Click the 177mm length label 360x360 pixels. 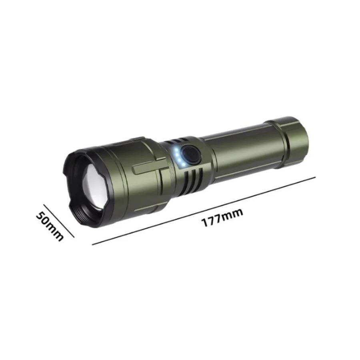[222, 218]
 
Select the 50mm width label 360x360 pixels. [50, 226]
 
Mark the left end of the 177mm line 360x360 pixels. [93, 244]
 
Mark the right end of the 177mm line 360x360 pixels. [315, 177]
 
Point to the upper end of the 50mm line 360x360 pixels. [44, 206]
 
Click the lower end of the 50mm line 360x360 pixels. [74, 237]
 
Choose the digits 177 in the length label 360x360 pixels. [212, 220]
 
